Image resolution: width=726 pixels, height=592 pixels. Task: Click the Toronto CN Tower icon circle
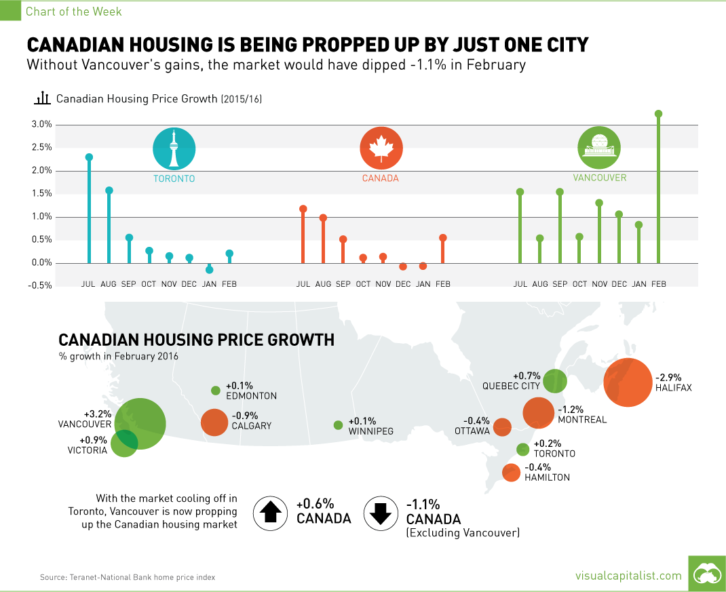(174, 149)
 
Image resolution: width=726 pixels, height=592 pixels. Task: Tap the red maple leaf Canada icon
(381, 149)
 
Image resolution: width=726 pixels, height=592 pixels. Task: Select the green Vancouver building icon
(599, 149)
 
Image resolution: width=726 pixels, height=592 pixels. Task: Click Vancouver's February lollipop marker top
(658, 114)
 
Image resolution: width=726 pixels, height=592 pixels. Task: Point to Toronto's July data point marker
(89, 157)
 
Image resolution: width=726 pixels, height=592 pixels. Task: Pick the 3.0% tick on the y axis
(42, 125)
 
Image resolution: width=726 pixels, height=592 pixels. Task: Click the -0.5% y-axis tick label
(41, 285)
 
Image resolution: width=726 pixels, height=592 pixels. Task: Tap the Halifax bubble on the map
(628, 382)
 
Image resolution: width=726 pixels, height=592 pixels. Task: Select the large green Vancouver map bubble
(140, 424)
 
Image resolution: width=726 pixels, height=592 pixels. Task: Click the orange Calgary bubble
(214, 422)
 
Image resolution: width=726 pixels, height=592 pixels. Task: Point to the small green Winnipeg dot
(338, 425)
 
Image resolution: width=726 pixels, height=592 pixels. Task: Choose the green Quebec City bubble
(555, 380)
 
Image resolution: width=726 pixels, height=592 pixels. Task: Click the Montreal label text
(581, 420)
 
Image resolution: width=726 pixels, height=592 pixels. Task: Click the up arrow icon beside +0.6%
(271, 513)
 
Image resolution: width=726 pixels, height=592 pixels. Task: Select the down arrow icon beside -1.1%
(381, 513)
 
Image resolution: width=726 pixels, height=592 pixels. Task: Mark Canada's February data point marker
(443, 238)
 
